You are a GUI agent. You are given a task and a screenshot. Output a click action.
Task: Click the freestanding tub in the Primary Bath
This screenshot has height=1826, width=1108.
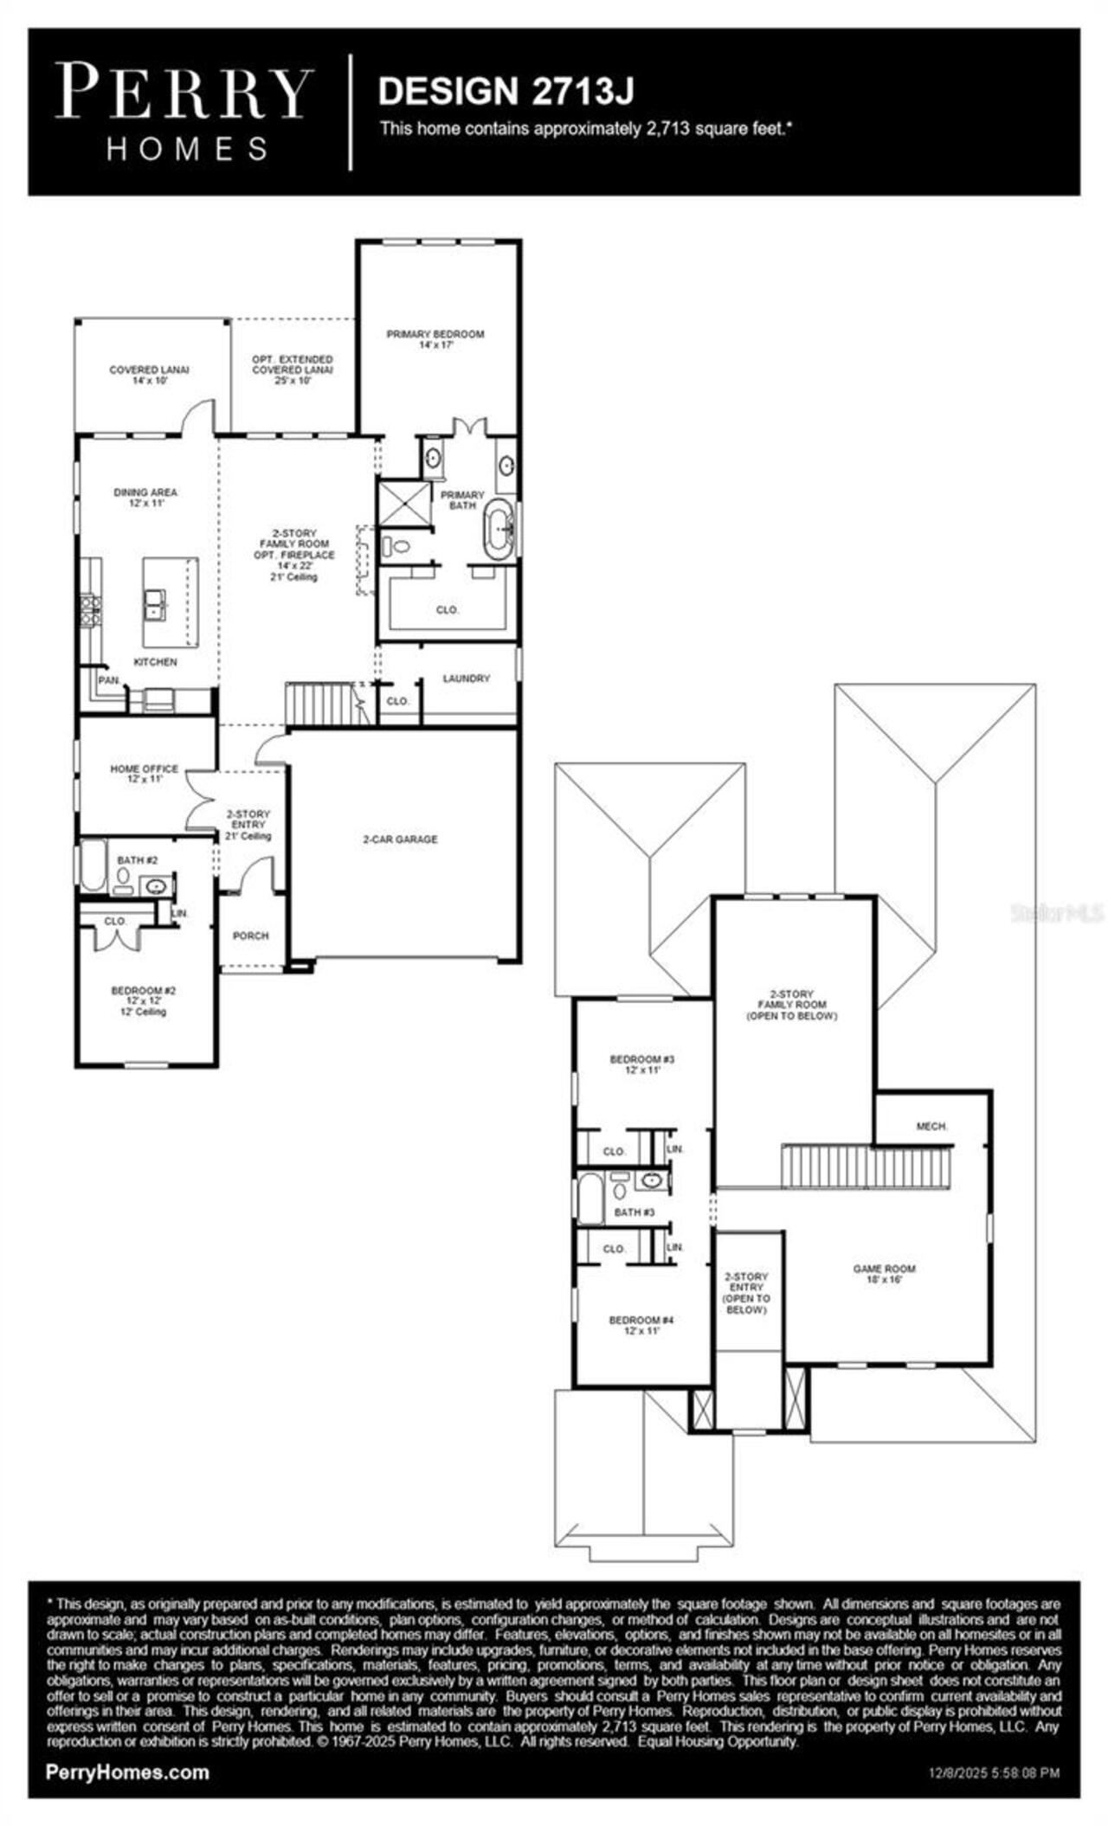pyautogui.click(x=499, y=529)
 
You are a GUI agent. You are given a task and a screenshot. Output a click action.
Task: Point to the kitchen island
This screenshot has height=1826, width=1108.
pyautogui.click(x=170, y=601)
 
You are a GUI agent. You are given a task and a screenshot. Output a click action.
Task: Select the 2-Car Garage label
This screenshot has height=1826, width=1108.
pyautogui.click(x=400, y=839)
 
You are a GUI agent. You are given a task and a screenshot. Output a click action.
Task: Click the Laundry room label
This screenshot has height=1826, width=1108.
pyautogui.click(x=467, y=678)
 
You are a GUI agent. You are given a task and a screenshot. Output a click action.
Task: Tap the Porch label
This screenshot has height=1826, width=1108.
pyautogui.click(x=250, y=936)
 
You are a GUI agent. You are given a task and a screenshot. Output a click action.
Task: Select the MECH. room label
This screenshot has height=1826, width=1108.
pyautogui.click(x=931, y=1126)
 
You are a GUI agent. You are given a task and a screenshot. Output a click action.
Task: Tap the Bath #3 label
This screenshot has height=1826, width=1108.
pyautogui.click(x=634, y=1212)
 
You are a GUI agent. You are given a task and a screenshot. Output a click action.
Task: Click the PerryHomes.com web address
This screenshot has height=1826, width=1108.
pyautogui.click(x=126, y=1771)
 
